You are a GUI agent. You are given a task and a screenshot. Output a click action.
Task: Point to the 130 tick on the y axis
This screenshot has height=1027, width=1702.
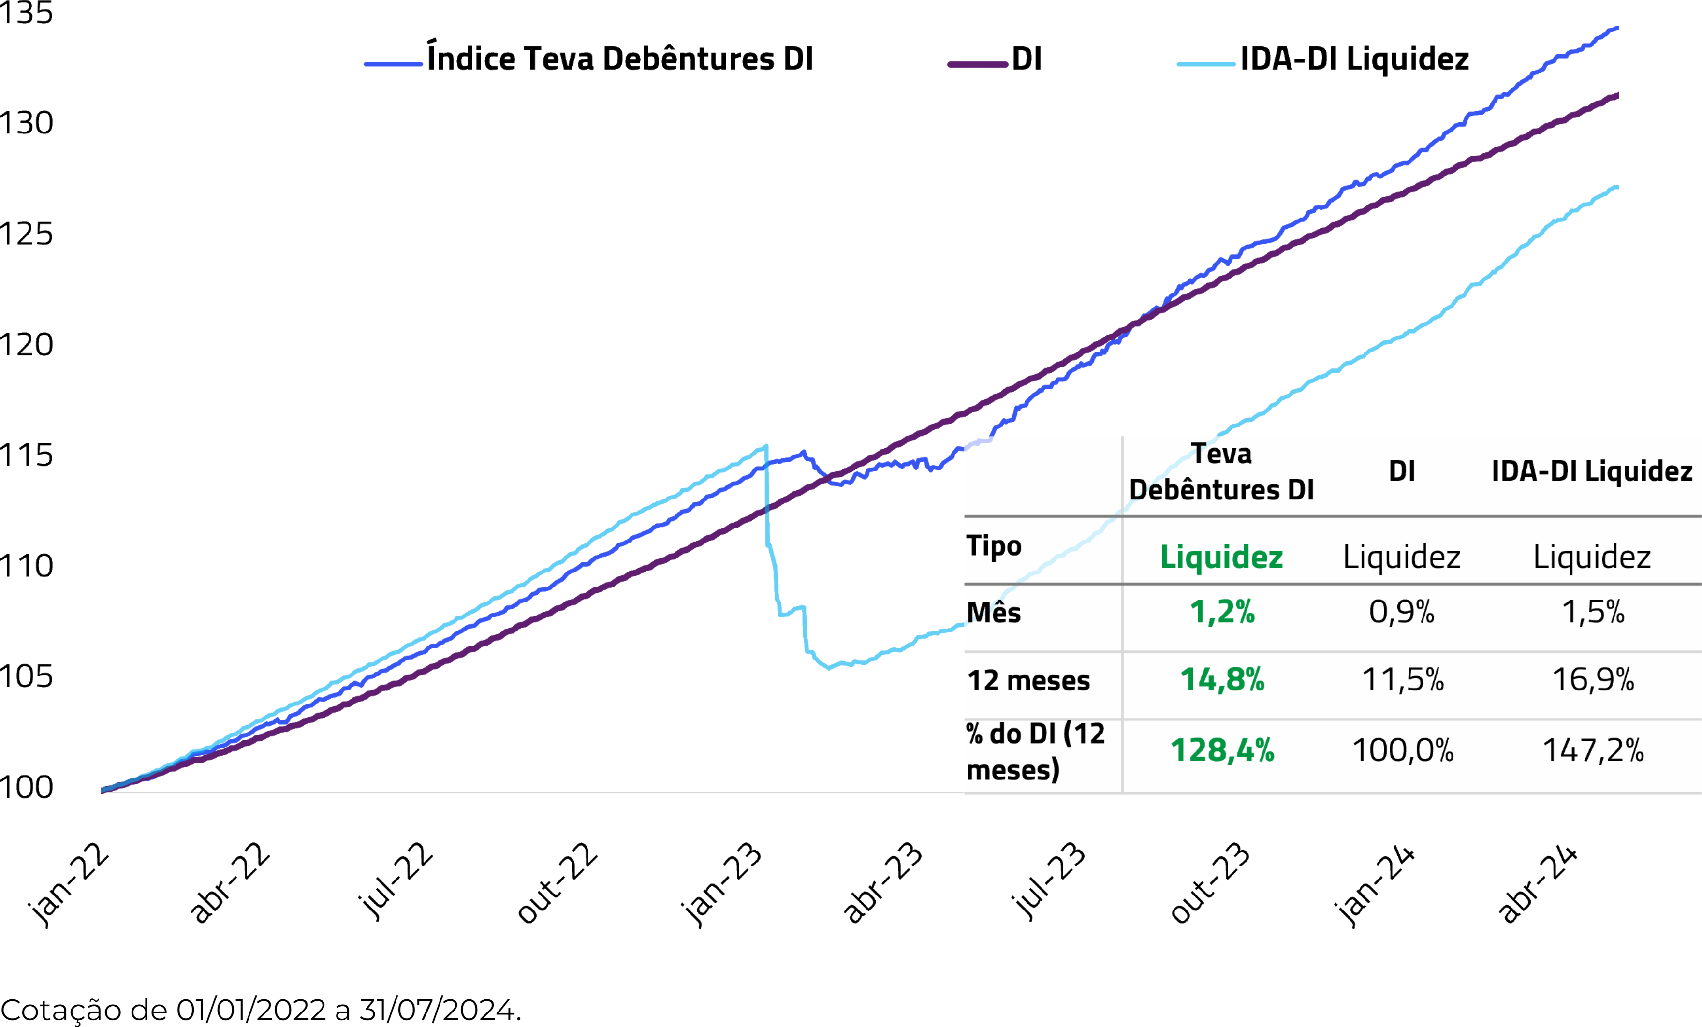pos(26,123)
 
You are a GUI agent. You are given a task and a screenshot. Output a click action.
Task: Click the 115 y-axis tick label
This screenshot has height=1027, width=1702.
pos(26,455)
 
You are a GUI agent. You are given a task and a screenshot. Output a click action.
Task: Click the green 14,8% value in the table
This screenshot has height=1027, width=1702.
pos(1222,680)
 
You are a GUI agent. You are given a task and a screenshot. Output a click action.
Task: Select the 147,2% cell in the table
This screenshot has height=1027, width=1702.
pos(1593,750)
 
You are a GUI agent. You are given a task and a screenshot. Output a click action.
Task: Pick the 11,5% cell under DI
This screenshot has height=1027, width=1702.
pos(1402,680)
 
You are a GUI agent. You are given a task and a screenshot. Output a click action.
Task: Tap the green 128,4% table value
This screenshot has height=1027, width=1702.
pos(1222,750)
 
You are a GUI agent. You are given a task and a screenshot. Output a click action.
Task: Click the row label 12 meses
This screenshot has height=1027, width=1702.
pos(1028,681)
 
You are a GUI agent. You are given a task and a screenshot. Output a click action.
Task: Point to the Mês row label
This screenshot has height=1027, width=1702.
pos(993,613)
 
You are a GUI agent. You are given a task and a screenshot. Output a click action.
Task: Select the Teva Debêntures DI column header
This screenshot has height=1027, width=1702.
pos(1221,472)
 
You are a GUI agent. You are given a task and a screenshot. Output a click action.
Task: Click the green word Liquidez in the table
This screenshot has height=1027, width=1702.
pos(1221,557)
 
